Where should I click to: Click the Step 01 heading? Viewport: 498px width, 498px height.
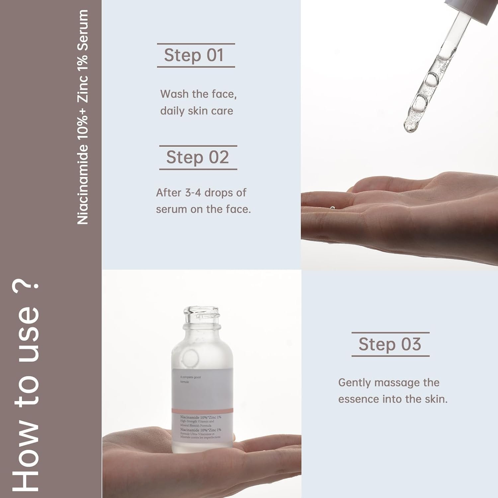click(194, 55)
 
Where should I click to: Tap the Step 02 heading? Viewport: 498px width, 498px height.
click(198, 157)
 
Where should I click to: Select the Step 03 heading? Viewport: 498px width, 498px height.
click(390, 344)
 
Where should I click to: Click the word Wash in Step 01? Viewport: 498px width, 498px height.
click(174, 94)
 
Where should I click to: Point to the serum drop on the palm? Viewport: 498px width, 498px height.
click(332, 208)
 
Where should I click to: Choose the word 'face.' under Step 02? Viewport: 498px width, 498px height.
click(238, 209)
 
